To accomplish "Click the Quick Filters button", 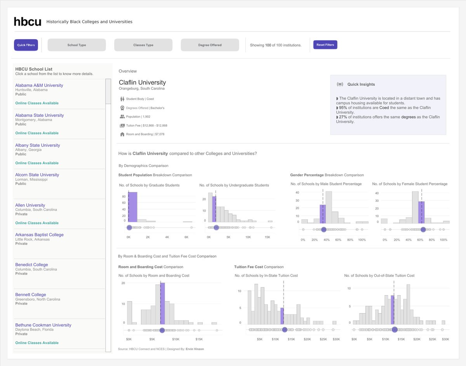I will (26, 45).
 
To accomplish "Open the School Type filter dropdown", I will (77, 45).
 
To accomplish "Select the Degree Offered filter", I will (210, 45).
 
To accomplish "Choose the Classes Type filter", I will (143, 45).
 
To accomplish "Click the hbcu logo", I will (27, 22).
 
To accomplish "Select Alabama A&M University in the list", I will (39, 85).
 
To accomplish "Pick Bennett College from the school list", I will (31, 295).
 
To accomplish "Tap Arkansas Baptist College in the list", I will (39, 235).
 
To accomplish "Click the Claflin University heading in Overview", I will (142, 82).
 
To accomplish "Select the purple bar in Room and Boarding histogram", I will (162, 303).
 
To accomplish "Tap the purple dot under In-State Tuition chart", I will (285, 330).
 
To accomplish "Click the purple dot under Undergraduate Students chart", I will (216, 228).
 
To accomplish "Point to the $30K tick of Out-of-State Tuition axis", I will (445, 339).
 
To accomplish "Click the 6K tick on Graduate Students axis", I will (186, 237).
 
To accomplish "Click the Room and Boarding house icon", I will (122, 134).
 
